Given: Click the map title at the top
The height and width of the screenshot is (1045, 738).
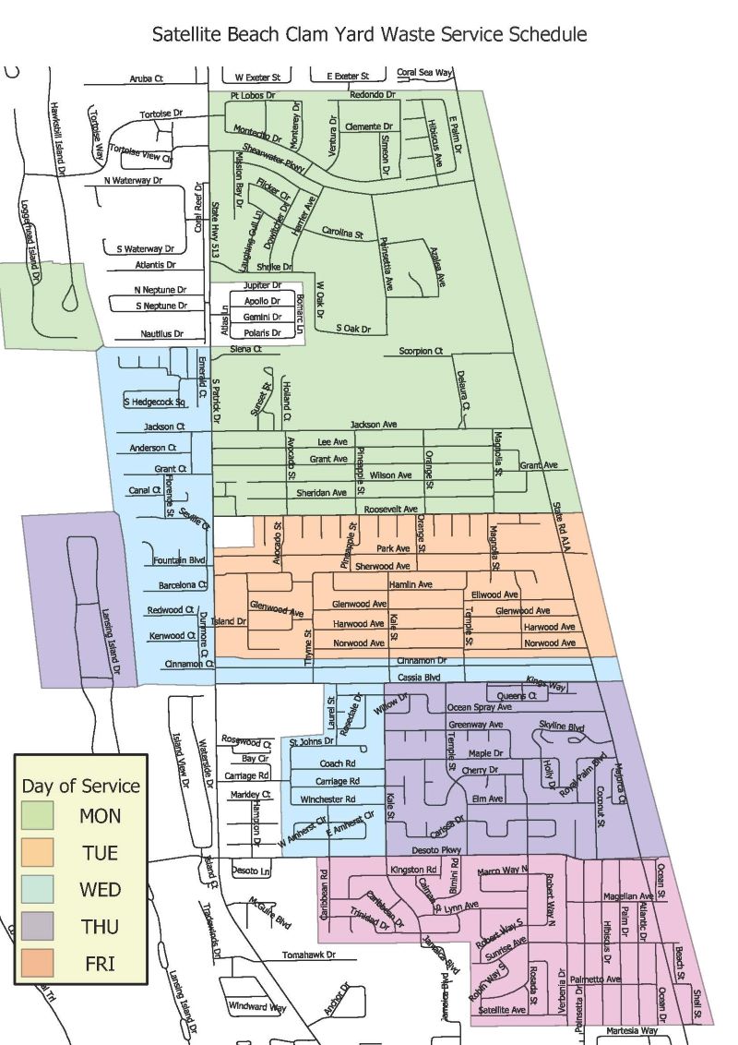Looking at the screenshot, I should point(369,35).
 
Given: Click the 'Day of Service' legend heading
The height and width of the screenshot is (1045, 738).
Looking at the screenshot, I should point(81,786).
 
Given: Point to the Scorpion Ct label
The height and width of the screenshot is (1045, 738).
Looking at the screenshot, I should point(421,351).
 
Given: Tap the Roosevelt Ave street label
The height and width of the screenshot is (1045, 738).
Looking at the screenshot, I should point(390,509).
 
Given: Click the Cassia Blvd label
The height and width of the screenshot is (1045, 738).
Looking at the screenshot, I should point(419,677).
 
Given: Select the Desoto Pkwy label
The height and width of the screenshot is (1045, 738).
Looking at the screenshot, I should point(435,849).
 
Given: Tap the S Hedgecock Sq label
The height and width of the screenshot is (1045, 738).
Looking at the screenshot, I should point(154,402).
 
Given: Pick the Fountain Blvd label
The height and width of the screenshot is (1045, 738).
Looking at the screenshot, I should point(178,560).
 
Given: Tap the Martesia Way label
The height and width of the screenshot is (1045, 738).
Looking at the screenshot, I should point(631,1030).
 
